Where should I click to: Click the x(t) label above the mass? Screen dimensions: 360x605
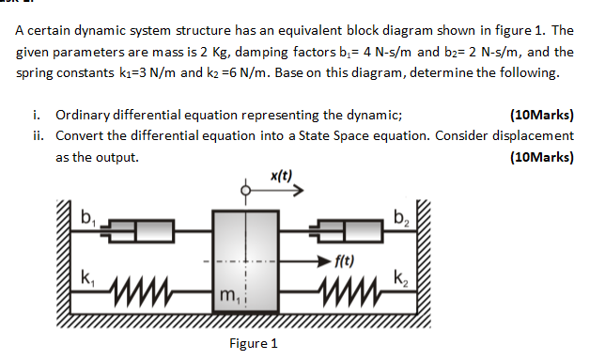pyautogui.click(x=280, y=174)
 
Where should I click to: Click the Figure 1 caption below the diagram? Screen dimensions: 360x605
pyautogui.click(x=253, y=343)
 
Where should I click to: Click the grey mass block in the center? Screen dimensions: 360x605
pyautogui.click(x=247, y=263)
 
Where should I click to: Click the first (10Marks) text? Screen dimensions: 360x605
pyautogui.click(x=540, y=117)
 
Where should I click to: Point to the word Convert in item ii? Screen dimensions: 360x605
pyautogui.click(x=80, y=135)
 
